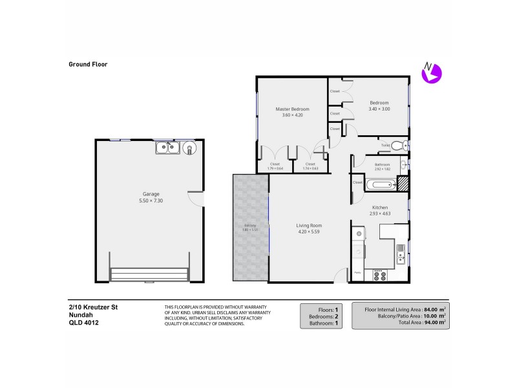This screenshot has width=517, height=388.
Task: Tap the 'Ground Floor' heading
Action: point(88,64)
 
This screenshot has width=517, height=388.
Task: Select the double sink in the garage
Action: point(167,149)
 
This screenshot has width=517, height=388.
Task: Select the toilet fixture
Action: point(401,145)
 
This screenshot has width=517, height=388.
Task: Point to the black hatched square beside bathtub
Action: point(403,184)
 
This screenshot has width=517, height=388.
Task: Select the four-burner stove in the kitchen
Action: point(379,275)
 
